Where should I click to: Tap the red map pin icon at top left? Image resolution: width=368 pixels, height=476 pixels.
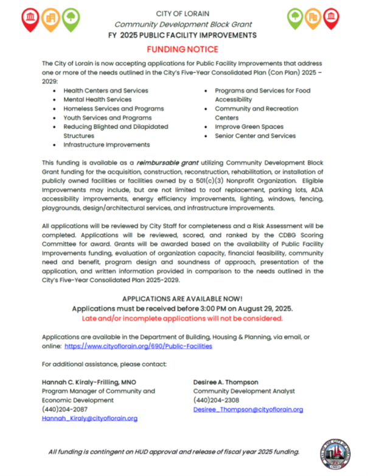tap(30, 19)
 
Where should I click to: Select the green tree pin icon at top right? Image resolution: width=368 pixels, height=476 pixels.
tap(295, 19)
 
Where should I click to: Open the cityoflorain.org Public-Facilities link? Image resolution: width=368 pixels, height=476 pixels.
tap(138, 346)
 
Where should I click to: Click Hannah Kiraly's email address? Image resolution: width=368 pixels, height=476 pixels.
tap(89, 418)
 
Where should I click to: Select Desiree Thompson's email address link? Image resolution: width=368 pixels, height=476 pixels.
tap(248, 410)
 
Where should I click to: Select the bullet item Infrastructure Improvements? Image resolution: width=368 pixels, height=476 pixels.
tap(106, 145)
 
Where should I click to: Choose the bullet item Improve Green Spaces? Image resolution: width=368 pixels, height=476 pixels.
tap(249, 127)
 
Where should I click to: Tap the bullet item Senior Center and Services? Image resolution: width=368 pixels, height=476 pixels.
tap(255, 136)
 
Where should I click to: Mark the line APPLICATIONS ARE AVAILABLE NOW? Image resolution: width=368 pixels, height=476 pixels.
tap(182, 299)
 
